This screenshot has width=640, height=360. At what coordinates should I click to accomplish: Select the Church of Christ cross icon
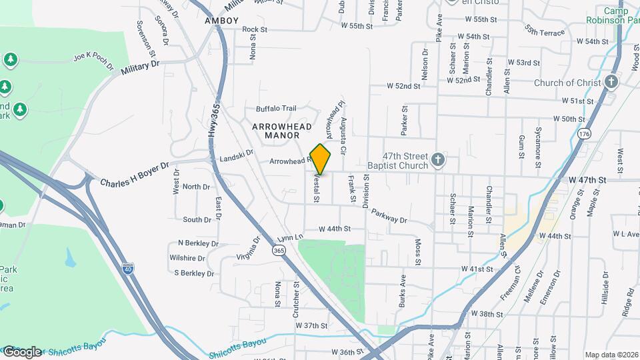[611, 83]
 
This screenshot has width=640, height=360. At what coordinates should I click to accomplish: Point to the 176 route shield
[585, 133]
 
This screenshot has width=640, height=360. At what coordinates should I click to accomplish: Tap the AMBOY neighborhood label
[222, 21]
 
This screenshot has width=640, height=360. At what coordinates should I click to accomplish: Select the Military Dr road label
[141, 69]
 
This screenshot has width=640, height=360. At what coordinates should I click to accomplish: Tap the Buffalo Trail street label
[276, 109]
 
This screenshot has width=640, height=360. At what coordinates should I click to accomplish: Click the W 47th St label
[587, 181]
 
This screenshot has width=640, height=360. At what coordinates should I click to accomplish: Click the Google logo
[22, 351]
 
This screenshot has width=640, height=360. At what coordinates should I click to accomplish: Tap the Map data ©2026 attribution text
[611, 355]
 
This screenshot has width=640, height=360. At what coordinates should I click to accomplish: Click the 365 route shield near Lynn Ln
[279, 250]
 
